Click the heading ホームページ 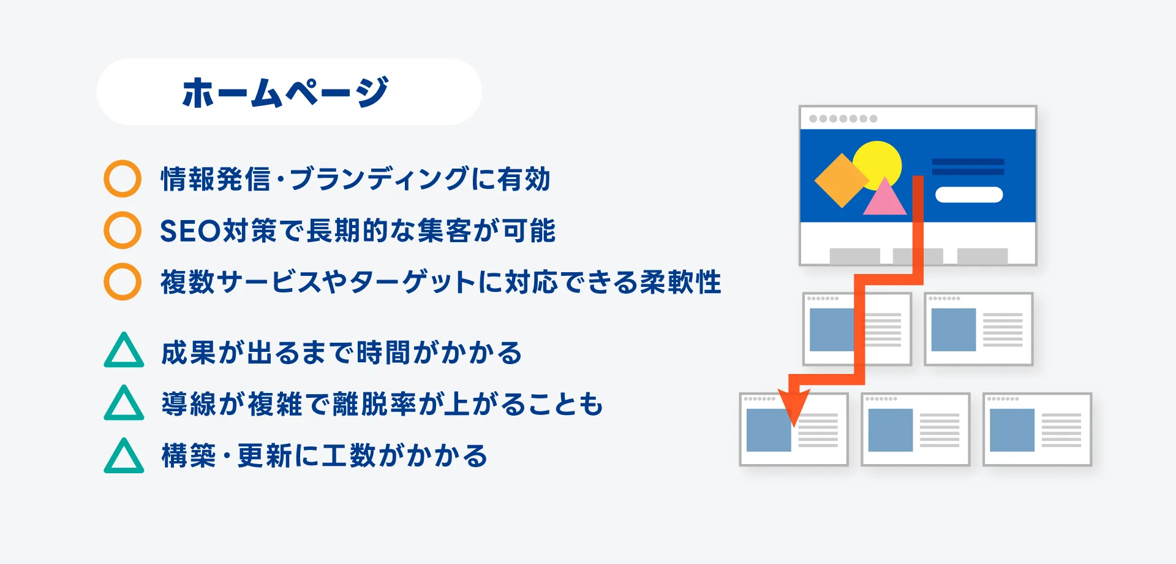[285, 93]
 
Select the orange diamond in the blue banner [842, 180]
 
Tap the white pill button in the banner [969, 195]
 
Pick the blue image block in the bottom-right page [1012, 430]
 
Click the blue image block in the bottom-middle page [891, 430]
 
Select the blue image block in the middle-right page [954, 330]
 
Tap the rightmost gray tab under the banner [982, 256]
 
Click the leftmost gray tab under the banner [855, 256]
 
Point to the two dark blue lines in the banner [968, 167]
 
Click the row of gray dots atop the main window [843, 118]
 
